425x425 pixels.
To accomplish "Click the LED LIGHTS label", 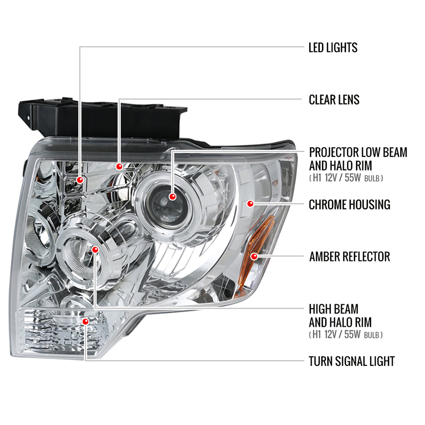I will coord(333,48).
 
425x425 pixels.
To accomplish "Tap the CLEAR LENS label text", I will coord(334,100).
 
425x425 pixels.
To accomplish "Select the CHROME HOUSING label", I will coord(349,205).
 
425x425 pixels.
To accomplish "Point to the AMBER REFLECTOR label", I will coord(349,257).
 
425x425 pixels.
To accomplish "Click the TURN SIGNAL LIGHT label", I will coord(351,361).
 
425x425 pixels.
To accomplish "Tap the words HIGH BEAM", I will coord(333,309).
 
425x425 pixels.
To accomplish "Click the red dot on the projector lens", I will coord(172,196).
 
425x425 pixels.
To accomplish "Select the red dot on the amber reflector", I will coord(254,256).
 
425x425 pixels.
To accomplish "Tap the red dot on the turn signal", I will coord(85,322).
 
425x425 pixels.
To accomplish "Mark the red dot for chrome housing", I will coord(250,203).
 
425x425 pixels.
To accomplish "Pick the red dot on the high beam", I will coord(95,250).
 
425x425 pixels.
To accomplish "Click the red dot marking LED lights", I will coord(80,180).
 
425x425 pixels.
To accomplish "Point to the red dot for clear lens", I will coord(119,166).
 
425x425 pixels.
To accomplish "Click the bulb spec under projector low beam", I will coord(346,178).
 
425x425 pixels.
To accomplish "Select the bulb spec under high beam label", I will coord(346,335).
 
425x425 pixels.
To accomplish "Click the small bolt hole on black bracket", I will coord(28,118).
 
